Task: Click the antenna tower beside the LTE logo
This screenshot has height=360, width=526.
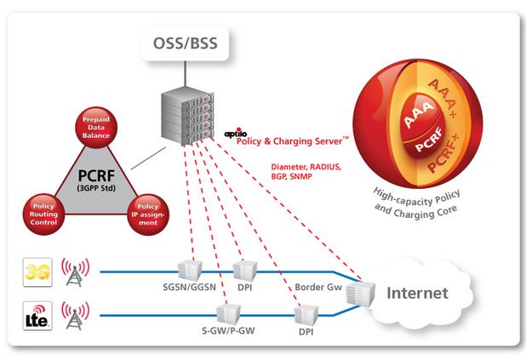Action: click(75, 319)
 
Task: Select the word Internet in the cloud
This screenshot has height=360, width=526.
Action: click(417, 294)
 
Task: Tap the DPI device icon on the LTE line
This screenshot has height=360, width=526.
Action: click(305, 314)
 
